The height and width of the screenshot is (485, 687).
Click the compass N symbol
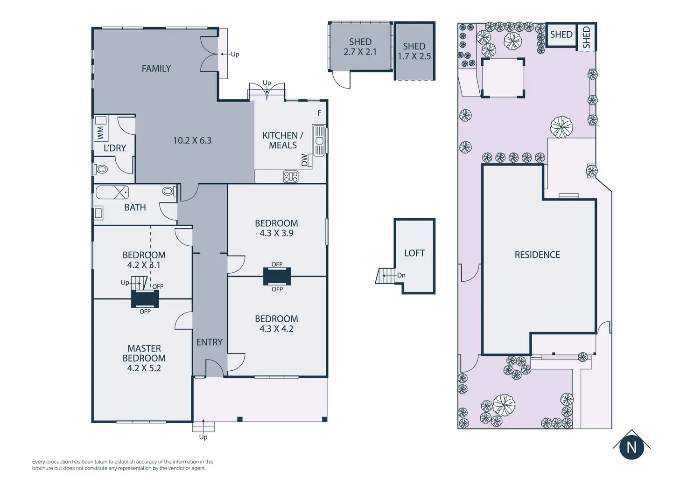click(x=631, y=448)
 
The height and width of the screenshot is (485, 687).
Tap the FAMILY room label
click(x=156, y=69)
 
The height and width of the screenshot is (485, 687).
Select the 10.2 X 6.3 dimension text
click(x=192, y=140)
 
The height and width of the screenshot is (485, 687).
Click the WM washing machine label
click(x=101, y=133)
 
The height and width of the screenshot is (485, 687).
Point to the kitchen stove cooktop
click(x=290, y=176)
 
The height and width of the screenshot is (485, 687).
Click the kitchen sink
click(x=318, y=141)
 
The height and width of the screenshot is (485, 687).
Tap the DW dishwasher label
click(x=304, y=159)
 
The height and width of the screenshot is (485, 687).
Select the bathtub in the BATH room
click(x=112, y=193)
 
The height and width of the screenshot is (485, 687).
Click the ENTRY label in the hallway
click(x=210, y=342)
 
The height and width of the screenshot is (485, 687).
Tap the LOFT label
click(x=414, y=253)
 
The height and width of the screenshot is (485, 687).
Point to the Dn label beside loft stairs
click(x=401, y=275)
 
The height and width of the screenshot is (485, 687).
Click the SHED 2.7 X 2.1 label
click(x=360, y=47)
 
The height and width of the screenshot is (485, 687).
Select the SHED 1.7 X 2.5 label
click(x=414, y=51)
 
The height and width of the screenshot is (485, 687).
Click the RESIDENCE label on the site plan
click(x=537, y=255)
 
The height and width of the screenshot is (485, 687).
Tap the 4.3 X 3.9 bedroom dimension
click(x=276, y=233)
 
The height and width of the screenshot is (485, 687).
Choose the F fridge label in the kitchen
click(x=319, y=113)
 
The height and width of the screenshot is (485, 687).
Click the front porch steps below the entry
click(x=203, y=427)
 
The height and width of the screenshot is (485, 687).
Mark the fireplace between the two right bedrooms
click(x=277, y=277)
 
